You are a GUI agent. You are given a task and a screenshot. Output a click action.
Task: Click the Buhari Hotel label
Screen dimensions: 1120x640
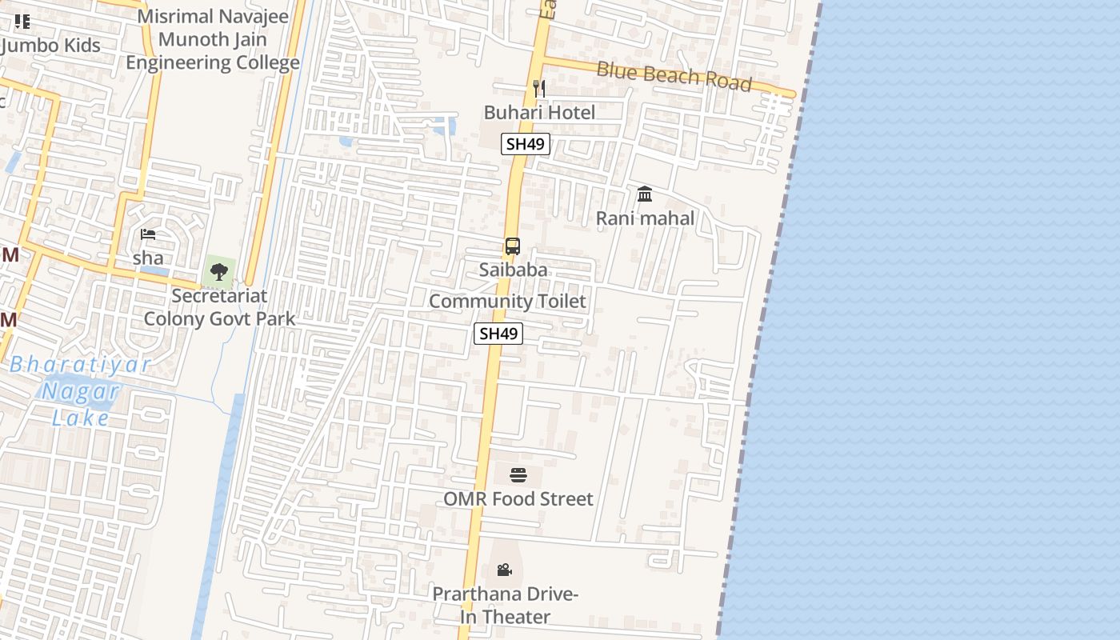pos(539,113)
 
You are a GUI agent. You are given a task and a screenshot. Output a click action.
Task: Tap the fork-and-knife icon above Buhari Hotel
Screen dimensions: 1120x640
pos(539,88)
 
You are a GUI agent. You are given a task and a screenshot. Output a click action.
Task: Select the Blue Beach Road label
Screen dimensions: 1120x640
pos(674,76)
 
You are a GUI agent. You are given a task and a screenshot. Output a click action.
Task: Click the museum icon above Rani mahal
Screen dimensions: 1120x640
pos(645,194)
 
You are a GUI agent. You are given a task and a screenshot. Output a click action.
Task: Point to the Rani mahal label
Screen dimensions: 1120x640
pos(645,218)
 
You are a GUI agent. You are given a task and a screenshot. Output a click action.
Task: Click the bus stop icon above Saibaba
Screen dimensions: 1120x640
pos(513,246)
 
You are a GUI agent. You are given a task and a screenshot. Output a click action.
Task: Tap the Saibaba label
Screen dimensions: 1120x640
pos(513,270)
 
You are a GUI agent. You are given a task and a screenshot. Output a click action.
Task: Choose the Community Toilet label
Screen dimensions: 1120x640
pos(507,302)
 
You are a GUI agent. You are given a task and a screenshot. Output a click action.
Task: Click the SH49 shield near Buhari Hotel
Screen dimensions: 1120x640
pos(525,144)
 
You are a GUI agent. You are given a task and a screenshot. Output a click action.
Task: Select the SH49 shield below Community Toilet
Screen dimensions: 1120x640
pos(498,334)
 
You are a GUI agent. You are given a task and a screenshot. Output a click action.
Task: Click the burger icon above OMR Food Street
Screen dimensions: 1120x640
pos(518,475)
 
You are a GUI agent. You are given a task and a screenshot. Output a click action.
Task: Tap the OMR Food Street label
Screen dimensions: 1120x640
pos(518,499)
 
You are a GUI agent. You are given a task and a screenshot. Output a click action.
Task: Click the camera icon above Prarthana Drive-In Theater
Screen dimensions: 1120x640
pos(504,570)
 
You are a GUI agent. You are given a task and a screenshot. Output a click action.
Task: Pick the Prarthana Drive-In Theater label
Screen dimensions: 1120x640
pos(505,606)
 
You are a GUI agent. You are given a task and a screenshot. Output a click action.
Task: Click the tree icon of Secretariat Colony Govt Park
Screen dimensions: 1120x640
pos(219,273)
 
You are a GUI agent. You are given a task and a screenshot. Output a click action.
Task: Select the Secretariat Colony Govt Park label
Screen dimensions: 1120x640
pos(219,307)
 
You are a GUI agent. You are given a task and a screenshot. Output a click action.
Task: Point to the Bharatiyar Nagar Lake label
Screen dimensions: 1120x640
pos(82,391)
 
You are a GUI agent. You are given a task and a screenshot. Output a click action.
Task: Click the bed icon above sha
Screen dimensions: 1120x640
pos(148,234)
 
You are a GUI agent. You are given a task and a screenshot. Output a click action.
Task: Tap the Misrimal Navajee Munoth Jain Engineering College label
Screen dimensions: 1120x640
pos(213,39)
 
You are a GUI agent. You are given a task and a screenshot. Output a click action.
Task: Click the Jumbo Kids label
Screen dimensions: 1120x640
pos(51,46)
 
